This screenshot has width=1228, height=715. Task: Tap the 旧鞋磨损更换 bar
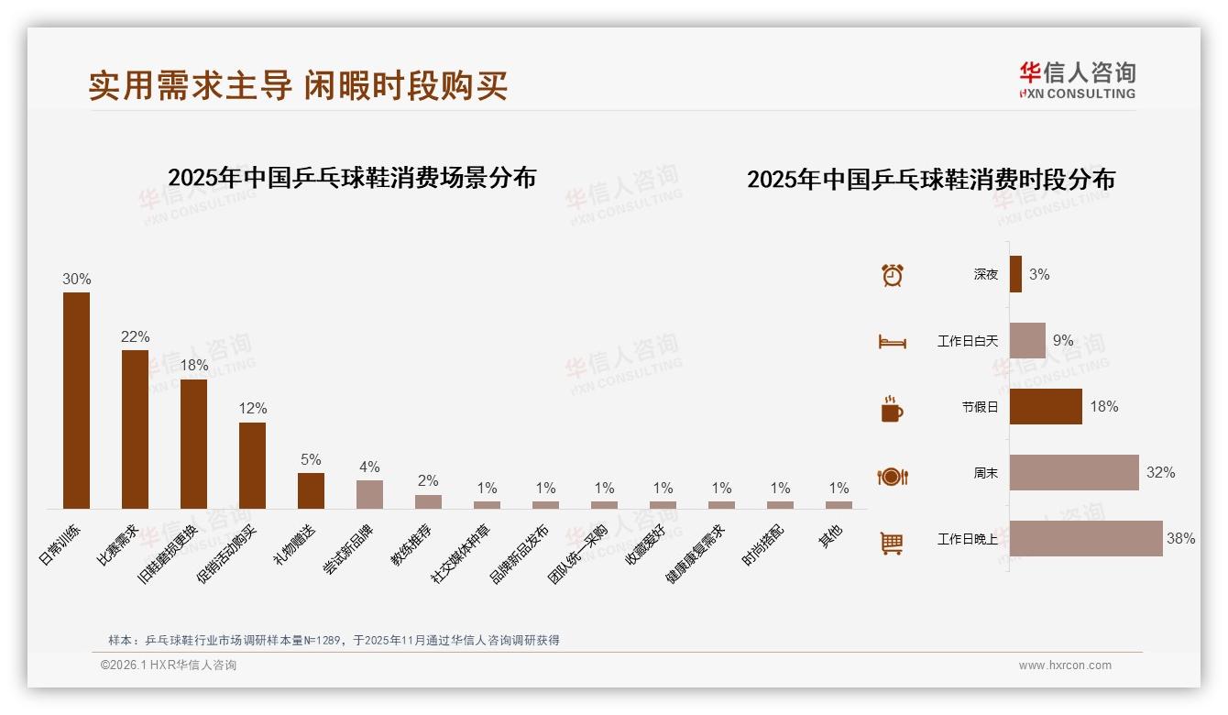point(193,444)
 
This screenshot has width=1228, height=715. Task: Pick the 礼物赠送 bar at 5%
point(311,490)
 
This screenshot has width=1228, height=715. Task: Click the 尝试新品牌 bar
point(369,494)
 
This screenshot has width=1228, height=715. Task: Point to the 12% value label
point(252,408)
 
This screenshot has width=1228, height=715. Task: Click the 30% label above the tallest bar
point(76,279)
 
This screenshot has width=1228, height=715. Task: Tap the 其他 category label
point(830,536)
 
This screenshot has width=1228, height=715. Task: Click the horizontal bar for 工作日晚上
point(1086,539)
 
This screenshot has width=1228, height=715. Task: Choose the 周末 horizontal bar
point(1074,473)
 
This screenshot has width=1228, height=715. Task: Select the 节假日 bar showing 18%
point(1046,406)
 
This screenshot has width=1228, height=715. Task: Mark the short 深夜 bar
point(1015,274)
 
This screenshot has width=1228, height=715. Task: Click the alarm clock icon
point(892,274)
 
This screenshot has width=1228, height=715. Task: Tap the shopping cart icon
point(892,543)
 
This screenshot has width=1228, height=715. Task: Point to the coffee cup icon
point(892,409)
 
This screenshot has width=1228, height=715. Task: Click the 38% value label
point(1180,539)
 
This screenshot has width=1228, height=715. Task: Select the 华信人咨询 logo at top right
point(1077,80)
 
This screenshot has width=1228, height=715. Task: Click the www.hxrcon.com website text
point(1065,665)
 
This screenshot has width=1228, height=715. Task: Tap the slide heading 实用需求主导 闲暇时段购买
point(298,85)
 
